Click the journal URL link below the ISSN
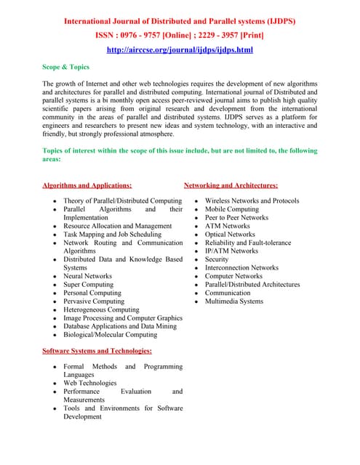[x=180, y=49]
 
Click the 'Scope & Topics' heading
[x=66, y=67]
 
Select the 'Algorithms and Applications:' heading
[x=87, y=186]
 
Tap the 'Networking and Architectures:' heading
[x=231, y=186]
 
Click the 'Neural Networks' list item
[x=87, y=276]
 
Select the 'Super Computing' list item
[x=88, y=285]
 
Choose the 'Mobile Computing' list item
[x=231, y=209]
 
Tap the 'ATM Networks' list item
[x=227, y=226]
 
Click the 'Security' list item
[x=217, y=259]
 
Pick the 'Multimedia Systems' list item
[x=234, y=302]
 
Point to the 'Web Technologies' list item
[x=89, y=383]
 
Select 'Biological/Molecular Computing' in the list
[x=110, y=335]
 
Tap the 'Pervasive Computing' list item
[x=93, y=302]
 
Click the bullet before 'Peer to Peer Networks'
[x=197, y=218]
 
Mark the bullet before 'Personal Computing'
[x=55, y=294]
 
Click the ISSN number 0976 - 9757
[x=149, y=35]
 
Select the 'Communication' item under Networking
[x=228, y=293]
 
